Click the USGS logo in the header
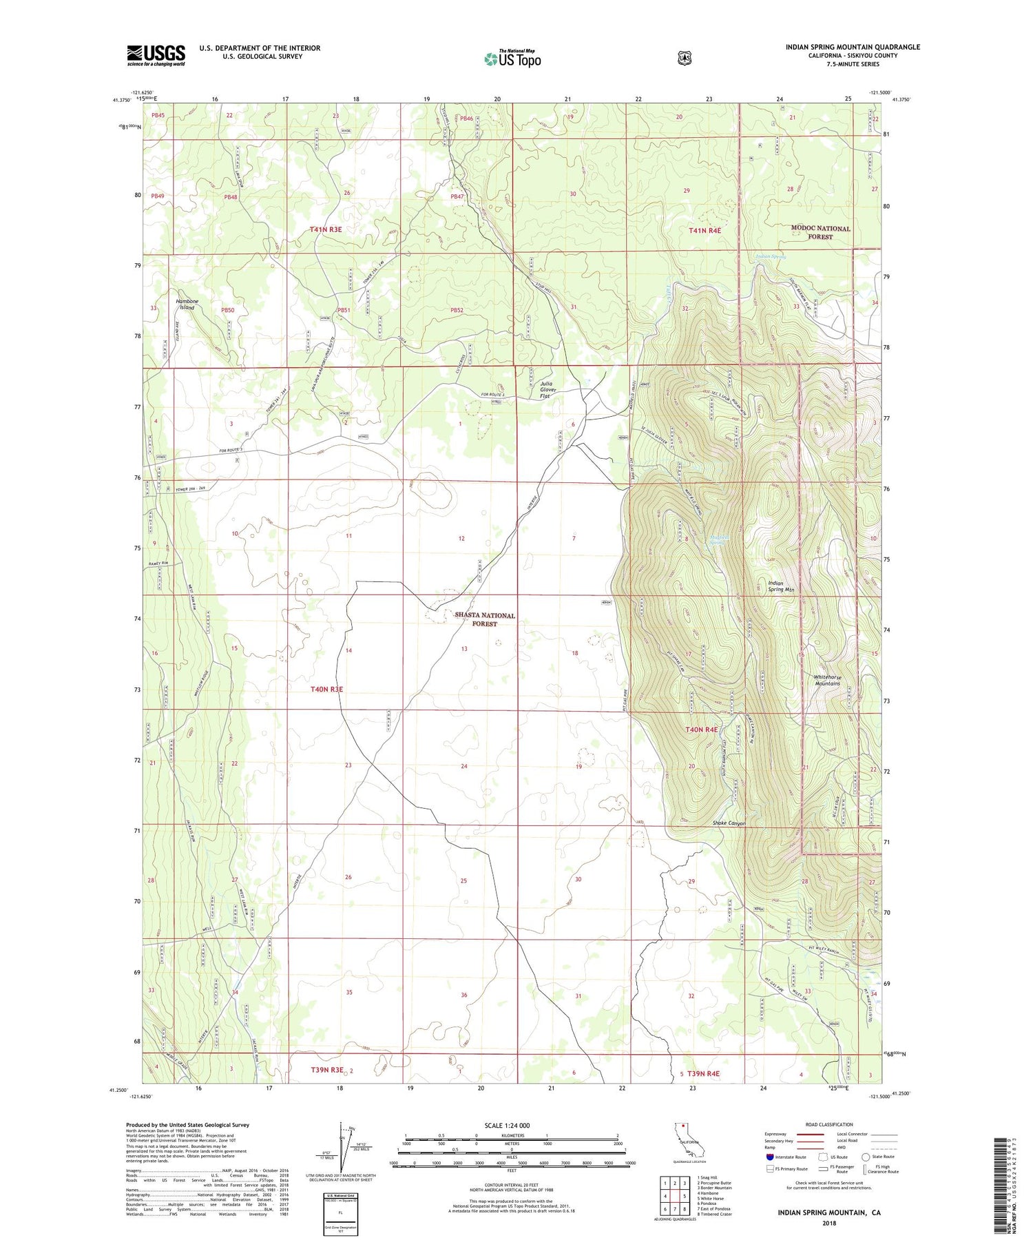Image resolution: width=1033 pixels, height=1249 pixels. [156, 55]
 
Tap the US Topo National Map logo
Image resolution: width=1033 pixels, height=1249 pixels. [512, 58]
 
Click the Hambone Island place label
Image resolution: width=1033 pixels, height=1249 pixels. [187, 304]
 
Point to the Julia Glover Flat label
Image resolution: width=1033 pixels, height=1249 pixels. [548, 390]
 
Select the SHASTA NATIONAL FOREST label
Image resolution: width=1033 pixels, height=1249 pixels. [484, 619]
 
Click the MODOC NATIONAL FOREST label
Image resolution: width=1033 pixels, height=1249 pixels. [820, 232]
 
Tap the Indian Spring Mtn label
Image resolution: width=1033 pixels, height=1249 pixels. [781, 586]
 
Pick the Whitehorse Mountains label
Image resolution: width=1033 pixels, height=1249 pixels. [826, 680]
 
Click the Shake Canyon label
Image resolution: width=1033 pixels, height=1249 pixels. [729, 823]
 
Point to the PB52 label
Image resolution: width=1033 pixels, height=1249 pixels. [457, 311]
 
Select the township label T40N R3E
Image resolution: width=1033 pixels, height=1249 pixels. [327, 689]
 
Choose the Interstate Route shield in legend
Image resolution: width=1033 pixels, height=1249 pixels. [770, 1157]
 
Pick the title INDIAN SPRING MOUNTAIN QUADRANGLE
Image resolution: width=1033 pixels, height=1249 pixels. [853, 47]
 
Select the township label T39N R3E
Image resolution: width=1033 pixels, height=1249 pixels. [326, 1070]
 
